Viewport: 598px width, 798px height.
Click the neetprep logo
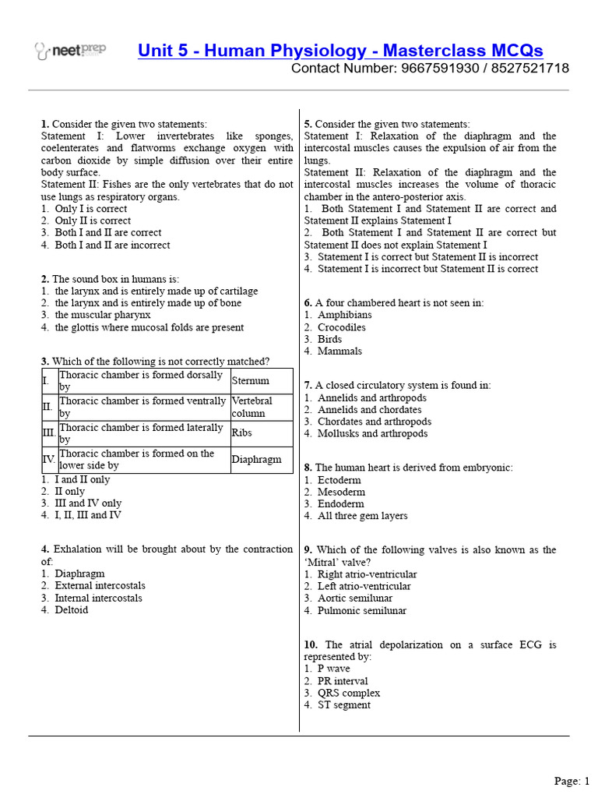(71, 51)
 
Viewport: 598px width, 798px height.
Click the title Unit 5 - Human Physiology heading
(340, 51)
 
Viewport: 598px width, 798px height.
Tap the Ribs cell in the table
(242, 433)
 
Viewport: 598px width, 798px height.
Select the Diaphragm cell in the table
(256, 460)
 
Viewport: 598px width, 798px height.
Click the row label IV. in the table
(49, 460)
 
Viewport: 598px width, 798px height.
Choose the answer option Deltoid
(71, 610)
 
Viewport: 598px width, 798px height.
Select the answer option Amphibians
(344, 315)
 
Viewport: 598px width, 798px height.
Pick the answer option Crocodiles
(341, 327)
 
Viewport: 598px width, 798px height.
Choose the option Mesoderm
(341, 492)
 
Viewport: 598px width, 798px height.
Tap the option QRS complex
(349, 693)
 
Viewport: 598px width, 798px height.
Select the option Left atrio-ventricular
(364, 586)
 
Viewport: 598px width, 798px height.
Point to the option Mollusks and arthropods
(372, 433)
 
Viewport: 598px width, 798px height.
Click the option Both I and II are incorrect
(112, 245)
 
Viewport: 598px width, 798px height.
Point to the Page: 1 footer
(572, 780)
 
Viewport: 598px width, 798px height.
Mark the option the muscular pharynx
(102, 315)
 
